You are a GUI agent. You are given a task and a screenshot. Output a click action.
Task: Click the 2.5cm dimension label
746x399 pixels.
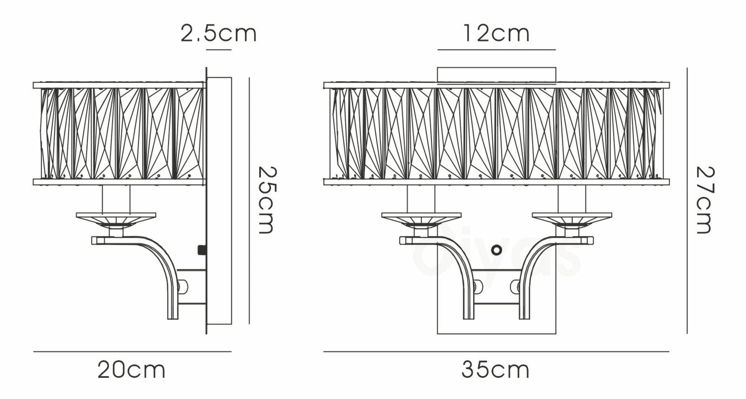(218, 33)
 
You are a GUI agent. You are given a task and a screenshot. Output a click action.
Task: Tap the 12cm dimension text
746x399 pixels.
(496, 33)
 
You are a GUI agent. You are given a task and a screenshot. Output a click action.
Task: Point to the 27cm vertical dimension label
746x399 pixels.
(705, 200)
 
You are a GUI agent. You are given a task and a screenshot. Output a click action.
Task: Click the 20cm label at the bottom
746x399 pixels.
(132, 370)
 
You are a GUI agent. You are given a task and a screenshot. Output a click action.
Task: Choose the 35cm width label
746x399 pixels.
(495, 370)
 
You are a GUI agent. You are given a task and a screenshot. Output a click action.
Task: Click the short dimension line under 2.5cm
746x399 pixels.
(219, 50)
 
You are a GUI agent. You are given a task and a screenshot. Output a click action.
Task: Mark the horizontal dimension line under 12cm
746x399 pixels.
(496, 50)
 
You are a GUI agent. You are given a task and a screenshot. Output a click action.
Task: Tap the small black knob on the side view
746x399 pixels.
(202, 250)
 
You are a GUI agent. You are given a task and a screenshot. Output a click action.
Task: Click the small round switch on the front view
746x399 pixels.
(496, 250)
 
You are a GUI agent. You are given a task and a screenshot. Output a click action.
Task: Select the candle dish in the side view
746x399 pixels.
(116, 218)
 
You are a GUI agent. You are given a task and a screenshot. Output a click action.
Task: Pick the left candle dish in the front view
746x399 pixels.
(421, 218)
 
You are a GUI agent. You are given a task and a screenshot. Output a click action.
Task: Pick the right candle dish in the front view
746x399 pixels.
(572, 218)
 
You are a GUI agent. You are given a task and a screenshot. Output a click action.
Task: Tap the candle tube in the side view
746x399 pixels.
(116, 199)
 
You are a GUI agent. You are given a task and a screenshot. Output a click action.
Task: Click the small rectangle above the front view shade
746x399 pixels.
(496, 74)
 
